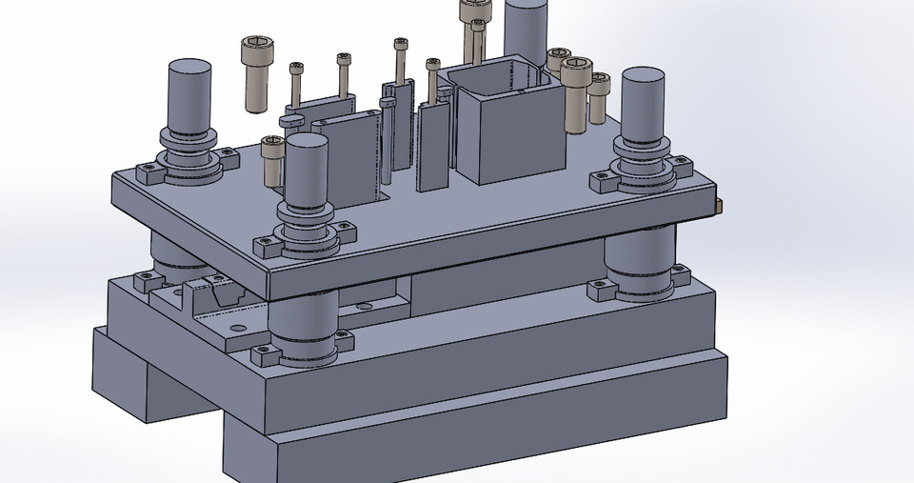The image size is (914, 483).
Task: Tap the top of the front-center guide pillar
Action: pyautogui.click(x=307, y=142)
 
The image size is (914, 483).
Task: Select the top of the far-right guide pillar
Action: pyautogui.click(x=643, y=75)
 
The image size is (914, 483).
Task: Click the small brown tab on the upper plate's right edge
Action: pyautogui.click(x=717, y=204)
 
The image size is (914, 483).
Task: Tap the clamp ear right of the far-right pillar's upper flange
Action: pyautogui.click(x=682, y=171)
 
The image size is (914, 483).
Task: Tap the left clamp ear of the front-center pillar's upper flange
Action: pyautogui.click(x=266, y=245)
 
